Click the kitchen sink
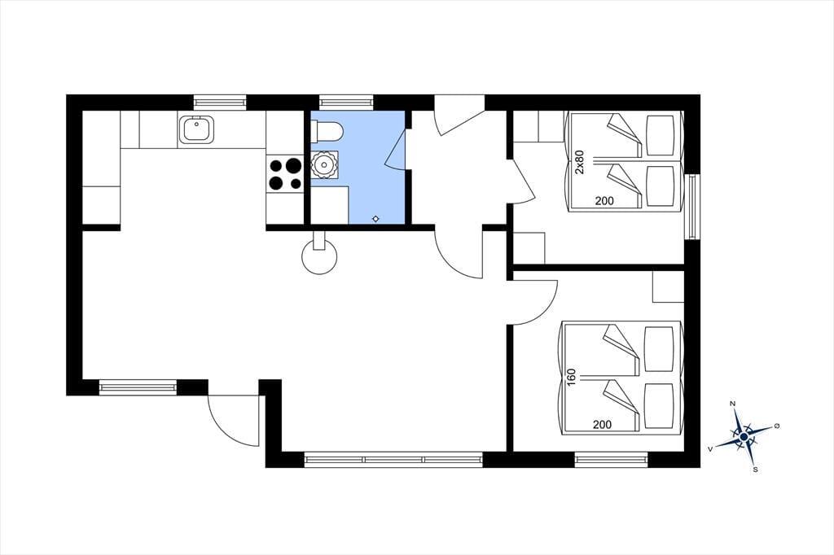click(x=197, y=129)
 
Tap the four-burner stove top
click(x=284, y=174)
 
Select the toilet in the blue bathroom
click(x=327, y=131)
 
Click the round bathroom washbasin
click(x=324, y=164)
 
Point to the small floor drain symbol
click(x=376, y=218)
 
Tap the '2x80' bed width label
click(x=580, y=162)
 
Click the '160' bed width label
click(x=572, y=378)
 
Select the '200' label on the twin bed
click(x=604, y=201)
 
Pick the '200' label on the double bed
click(x=602, y=424)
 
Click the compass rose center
click(x=744, y=436)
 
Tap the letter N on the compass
click(x=732, y=404)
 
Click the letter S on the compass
click(x=755, y=470)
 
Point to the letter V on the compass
click(x=710, y=449)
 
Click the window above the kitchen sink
click(x=220, y=102)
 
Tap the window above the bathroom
click(x=345, y=102)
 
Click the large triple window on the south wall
click(x=393, y=459)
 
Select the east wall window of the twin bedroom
click(x=692, y=207)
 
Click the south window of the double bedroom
click(x=611, y=459)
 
